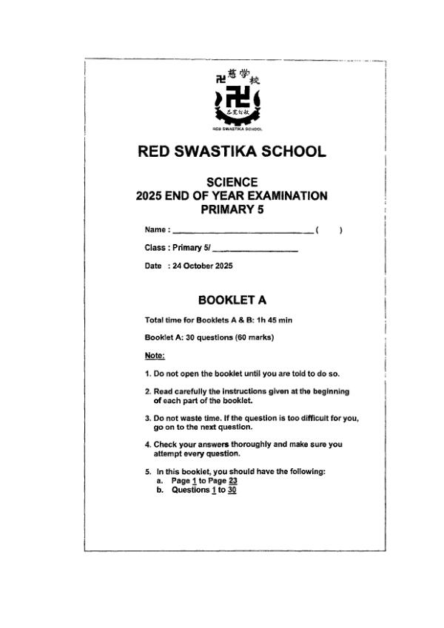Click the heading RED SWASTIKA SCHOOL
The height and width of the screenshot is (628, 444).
point(232,152)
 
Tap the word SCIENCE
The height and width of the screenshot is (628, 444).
point(232,182)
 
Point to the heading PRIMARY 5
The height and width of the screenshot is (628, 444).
point(232,210)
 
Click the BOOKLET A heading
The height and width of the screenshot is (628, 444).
point(232,300)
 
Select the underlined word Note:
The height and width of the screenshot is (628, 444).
point(155,356)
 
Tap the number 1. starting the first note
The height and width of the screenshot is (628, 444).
point(148,374)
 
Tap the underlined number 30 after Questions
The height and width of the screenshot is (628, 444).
point(232,489)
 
